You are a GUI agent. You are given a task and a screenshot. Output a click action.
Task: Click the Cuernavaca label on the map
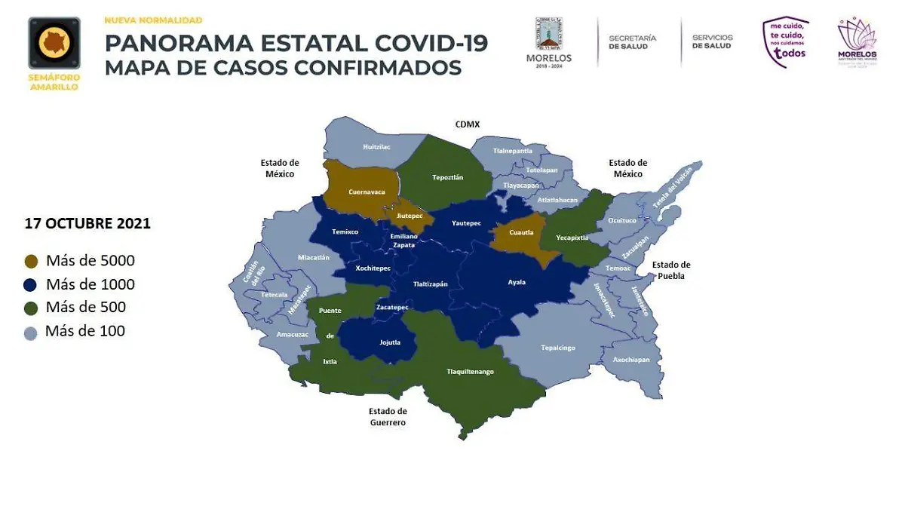point(367,192)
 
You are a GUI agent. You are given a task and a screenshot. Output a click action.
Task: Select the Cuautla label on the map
point(521,232)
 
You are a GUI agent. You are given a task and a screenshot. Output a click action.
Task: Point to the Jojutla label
point(389,342)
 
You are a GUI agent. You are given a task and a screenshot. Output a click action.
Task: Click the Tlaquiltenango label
point(470,371)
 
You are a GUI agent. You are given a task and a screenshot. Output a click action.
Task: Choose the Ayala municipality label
point(517,283)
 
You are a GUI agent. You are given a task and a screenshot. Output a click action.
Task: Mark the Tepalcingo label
point(558,348)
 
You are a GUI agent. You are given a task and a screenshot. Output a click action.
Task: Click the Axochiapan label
point(631,360)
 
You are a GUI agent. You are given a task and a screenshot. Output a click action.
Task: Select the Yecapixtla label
point(572,236)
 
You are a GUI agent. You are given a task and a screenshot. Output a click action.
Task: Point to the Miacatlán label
point(314,257)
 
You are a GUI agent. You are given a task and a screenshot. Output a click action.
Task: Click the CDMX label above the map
point(467,124)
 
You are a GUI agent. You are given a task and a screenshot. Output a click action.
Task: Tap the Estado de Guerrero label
point(388,417)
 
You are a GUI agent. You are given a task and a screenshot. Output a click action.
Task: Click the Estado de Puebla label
point(670,270)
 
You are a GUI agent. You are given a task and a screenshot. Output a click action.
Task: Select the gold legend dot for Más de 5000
point(31,262)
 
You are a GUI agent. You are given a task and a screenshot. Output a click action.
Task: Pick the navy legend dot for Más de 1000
point(31,285)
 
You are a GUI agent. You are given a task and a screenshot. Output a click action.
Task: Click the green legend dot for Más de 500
point(31,308)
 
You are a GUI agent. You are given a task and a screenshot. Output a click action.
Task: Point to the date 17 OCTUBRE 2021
point(87,224)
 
